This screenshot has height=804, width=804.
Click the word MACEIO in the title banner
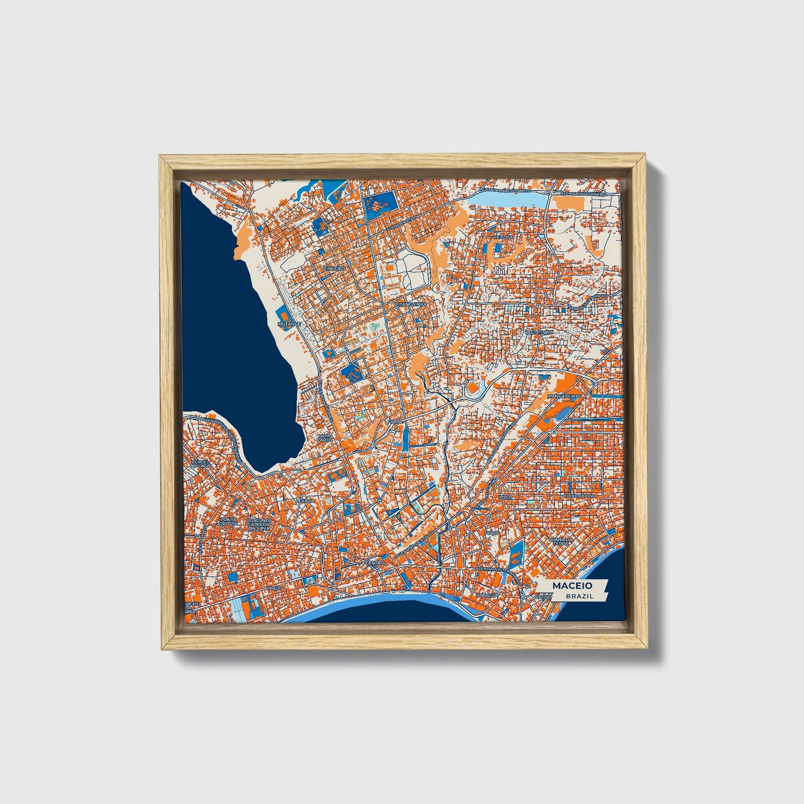[571, 586]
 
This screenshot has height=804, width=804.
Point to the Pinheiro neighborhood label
[333, 268]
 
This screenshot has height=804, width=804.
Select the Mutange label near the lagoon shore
[289, 323]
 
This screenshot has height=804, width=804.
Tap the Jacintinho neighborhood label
[538, 332]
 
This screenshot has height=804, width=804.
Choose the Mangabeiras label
[564, 396]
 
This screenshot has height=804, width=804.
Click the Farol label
[394, 422]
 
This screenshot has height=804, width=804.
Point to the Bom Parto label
[324, 437]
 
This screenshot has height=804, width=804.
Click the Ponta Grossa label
[228, 522]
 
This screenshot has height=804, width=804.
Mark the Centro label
[375, 563]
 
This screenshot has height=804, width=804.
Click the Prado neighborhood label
[274, 588]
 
